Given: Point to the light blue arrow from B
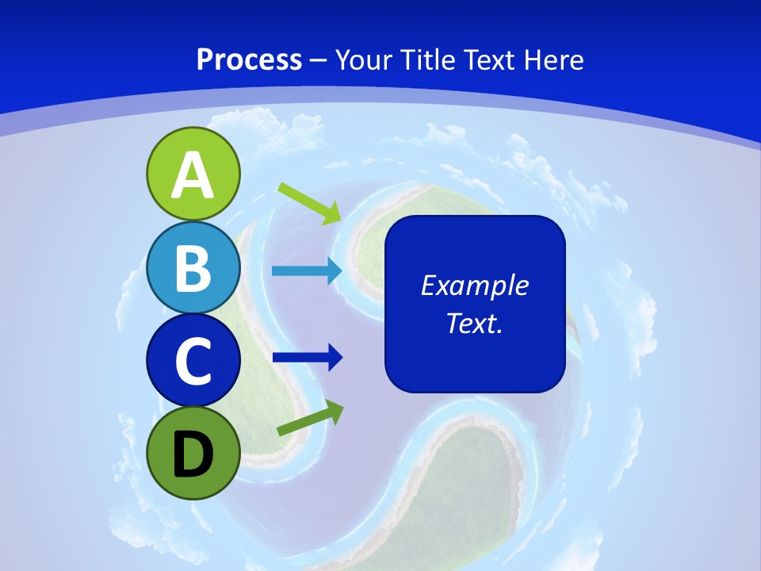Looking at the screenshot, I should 307,271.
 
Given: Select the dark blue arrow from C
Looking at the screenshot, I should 308,358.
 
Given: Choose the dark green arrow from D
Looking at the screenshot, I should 311,418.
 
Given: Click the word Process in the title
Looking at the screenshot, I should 250,59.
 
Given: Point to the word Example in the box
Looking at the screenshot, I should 475,285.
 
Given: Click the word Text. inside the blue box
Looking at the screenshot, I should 475,323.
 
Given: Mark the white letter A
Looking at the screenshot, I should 193,175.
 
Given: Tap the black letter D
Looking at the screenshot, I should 193,455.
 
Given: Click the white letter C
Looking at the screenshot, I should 193,361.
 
